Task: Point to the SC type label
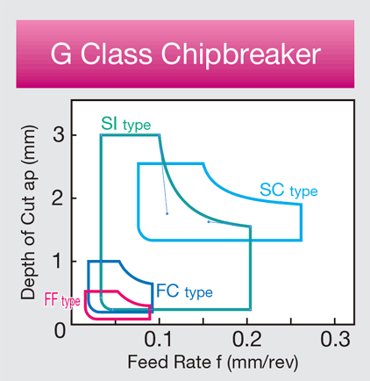(288, 190)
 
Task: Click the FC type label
(182, 290)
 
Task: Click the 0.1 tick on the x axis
(160, 340)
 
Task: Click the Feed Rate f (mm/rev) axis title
(203, 361)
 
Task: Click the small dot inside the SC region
(208, 221)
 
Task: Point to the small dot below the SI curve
(167, 213)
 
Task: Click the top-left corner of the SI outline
(101, 135)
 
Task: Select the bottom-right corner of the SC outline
(302, 240)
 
